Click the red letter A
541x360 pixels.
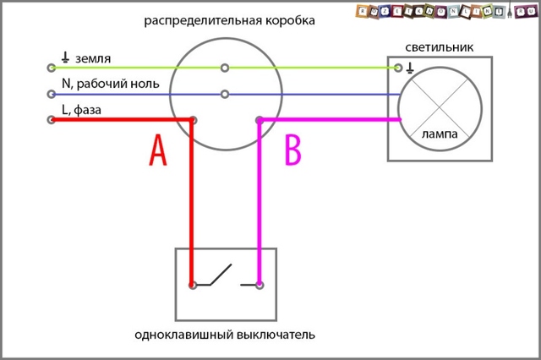pyautogui.click(x=157, y=150)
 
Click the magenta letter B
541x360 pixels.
pyautogui.click(x=292, y=150)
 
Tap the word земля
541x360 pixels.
pyautogui.click(x=92, y=58)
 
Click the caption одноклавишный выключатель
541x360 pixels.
pyautogui.click(x=225, y=335)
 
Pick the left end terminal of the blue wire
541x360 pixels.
pyautogui.click(x=52, y=94)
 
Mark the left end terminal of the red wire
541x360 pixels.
pyautogui.click(x=52, y=120)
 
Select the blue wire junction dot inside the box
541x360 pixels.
pyautogui.click(x=224, y=94)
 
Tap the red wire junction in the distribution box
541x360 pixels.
pyautogui.click(x=194, y=120)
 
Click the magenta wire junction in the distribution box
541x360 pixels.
pyautogui.click(x=259, y=120)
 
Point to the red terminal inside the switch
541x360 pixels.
pyautogui.click(x=194, y=286)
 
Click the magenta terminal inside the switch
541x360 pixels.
pyautogui.click(x=259, y=286)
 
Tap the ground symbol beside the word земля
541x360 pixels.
pyautogui.click(x=65, y=57)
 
